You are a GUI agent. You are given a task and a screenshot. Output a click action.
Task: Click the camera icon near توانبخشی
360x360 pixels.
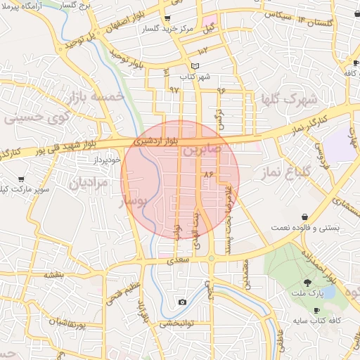(x=182, y=302)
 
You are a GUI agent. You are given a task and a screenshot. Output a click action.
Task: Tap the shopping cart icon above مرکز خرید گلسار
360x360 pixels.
(x=167, y=18)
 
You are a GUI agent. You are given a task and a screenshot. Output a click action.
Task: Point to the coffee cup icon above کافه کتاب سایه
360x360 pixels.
(x=316, y=309)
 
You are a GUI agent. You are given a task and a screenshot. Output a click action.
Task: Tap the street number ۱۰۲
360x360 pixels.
(x=203, y=51)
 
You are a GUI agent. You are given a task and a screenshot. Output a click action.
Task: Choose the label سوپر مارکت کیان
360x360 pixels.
(x=25, y=189)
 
